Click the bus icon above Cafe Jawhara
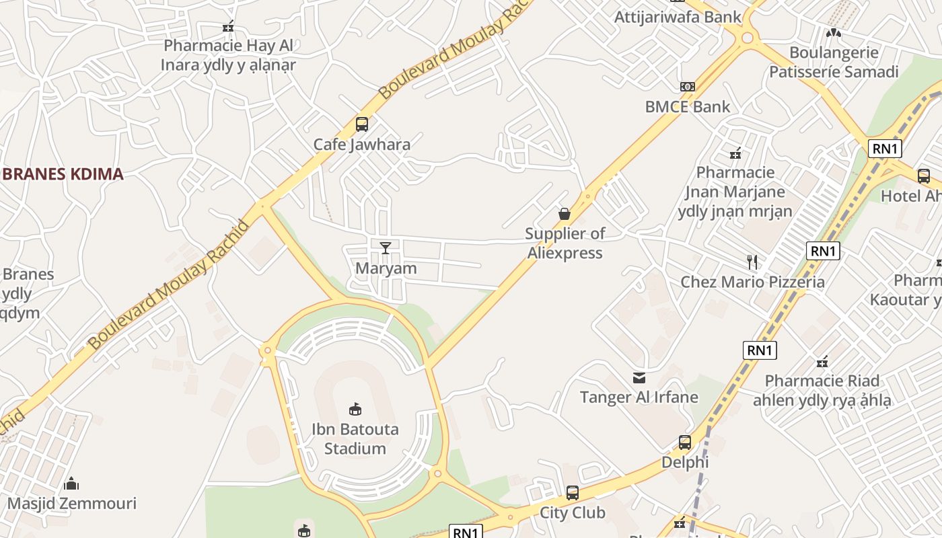pyautogui.click(x=361, y=124)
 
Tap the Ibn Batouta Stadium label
pyautogui.click(x=355, y=438)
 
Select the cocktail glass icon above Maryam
pyautogui.click(x=386, y=248)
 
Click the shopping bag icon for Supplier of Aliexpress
pyautogui.click(x=565, y=214)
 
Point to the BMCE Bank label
pyautogui.click(x=687, y=106)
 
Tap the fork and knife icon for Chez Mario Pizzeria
pyautogui.click(x=752, y=262)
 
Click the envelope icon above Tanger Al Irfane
pyautogui.click(x=639, y=378)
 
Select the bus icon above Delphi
pyautogui.click(x=684, y=443)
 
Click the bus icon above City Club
pyautogui.click(x=572, y=493)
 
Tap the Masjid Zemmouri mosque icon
pyautogui.click(x=71, y=484)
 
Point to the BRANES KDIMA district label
pyautogui.click(x=63, y=174)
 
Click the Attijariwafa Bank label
pyautogui.click(x=678, y=17)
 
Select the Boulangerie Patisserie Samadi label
pyautogui.click(x=834, y=62)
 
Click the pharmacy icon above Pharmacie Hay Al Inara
pyautogui.click(x=228, y=27)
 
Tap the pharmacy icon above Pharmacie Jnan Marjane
pyautogui.click(x=735, y=153)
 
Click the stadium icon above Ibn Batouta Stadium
pyautogui.click(x=355, y=409)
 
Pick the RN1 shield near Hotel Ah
pyautogui.click(x=884, y=149)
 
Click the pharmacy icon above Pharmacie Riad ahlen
pyautogui.click(x=822, y=362)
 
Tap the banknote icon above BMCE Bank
pyautogui.click(x=687, y=87)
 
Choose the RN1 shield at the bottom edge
pyautogui.click(x=466, y=532)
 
